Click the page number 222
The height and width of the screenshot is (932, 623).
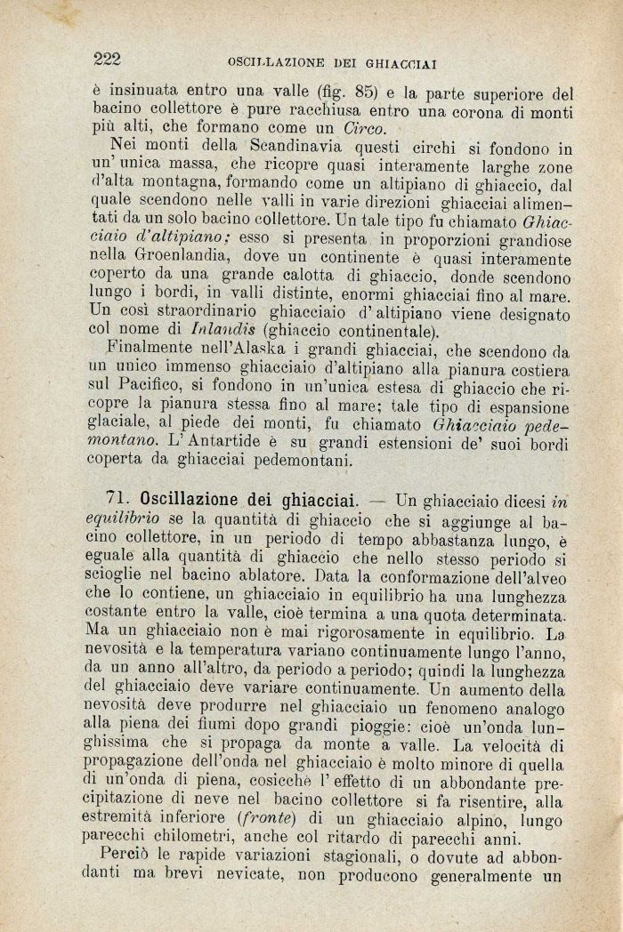107,60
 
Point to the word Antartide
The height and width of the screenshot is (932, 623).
220,441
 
